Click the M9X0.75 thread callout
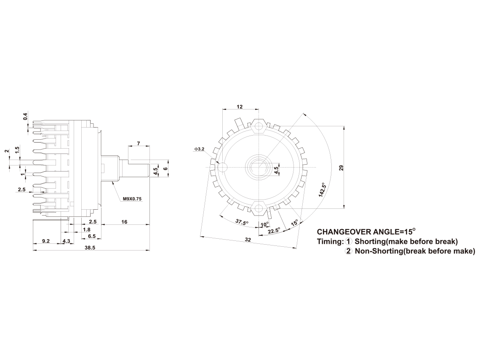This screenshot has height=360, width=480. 132,199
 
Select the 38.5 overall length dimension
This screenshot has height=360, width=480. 91,248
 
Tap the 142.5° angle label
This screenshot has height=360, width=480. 322,189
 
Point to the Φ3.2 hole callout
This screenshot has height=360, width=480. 199,149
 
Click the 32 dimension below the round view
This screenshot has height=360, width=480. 248,240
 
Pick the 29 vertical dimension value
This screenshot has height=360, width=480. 341,168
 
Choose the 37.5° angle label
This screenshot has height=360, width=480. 242,222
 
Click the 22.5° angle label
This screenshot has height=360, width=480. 274,230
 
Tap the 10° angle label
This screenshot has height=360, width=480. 264,224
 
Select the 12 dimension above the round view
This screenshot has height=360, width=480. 240,107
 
